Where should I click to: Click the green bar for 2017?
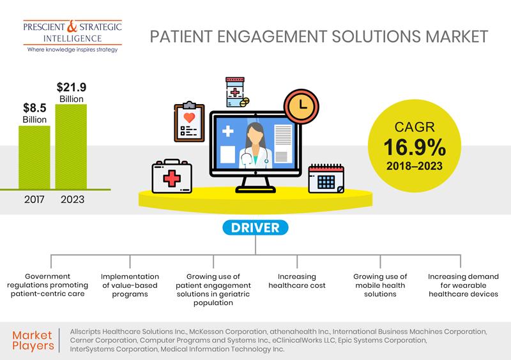(34, 158)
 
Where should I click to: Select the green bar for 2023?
(71, 147)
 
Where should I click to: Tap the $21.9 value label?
(72, 87)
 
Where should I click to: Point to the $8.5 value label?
(34, 107)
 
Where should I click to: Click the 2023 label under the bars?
(72, 199)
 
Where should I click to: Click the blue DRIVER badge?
(255, 227)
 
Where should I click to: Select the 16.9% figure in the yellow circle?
(415, 147)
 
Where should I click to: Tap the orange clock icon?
(301, 106)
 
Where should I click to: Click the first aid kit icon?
(172, 176)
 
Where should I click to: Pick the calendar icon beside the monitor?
(326, 179)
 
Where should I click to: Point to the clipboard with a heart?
(189, 121)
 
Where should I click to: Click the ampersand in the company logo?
(72, 26)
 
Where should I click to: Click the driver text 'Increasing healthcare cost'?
(297, 281)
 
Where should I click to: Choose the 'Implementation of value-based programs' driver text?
(130, 285)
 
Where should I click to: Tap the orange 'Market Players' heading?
(33, 340)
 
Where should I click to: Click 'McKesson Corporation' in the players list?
(228, 331)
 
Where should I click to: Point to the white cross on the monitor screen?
(228, 131)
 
